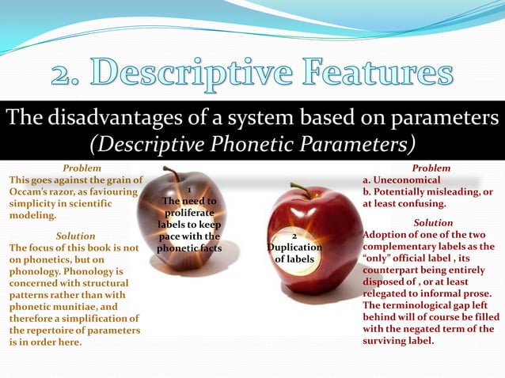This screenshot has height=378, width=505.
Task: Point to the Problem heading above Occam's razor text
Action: pyautogui.click(x=82, y=168)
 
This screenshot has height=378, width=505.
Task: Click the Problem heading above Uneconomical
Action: pyautogui.click(x=431, y=168)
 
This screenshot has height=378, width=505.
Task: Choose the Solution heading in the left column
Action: pyautogui.click(x=76, y=236)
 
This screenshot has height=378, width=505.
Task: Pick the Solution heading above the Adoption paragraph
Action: pyautogui.click(x=433, y=223)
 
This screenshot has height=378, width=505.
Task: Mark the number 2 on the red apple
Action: pyautogui.click(x=294, y=236)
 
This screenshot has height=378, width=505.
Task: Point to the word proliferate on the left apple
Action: pyautogui.click(x=188, y=214)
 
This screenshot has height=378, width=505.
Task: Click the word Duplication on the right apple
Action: pyautogui.click(x=294, y=248)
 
